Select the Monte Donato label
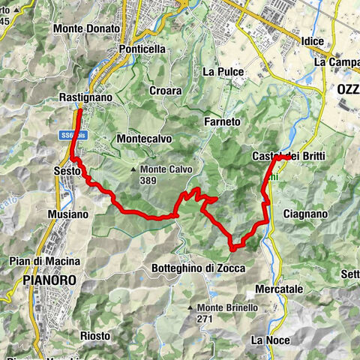point(86,28)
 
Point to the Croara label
point(165,90)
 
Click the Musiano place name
point(68,214)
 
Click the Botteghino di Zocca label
point(198,268)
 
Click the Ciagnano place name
point(305,214)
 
